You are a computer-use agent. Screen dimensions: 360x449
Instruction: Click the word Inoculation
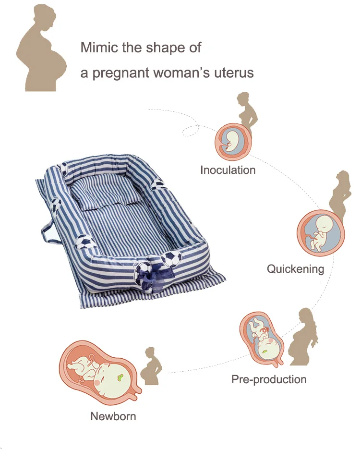tap(228, 170)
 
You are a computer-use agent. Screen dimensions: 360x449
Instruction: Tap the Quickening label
tap(295, 268)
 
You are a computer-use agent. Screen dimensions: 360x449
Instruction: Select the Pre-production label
tap(269, 379)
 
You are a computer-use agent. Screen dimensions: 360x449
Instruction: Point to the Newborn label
tap(113, 416)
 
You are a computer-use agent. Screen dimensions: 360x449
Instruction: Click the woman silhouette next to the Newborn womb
tap(151, 367)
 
